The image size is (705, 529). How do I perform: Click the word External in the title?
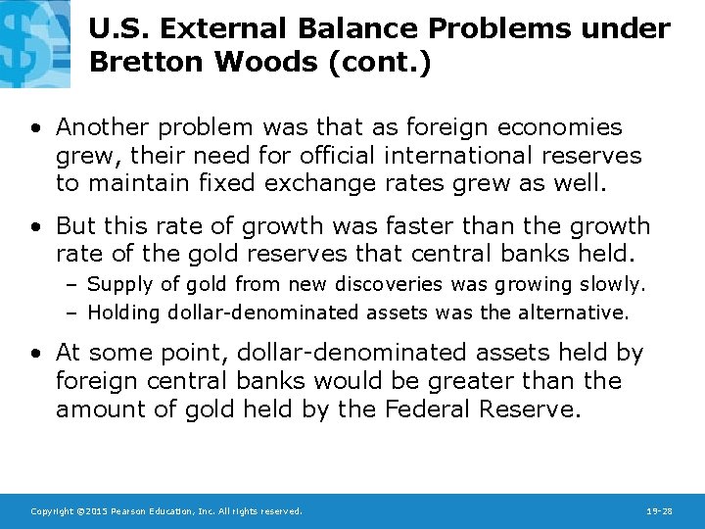point(221,28)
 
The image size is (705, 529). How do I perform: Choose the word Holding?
point(124,313)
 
